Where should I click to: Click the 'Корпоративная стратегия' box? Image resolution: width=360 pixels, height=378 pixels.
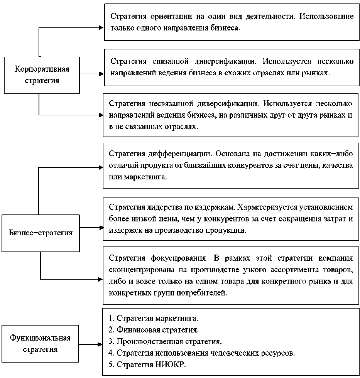coord(42,75)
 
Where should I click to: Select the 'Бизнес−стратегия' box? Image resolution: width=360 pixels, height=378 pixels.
coord(41,233)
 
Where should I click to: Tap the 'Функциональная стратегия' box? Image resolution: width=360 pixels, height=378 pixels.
coord(40,344)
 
